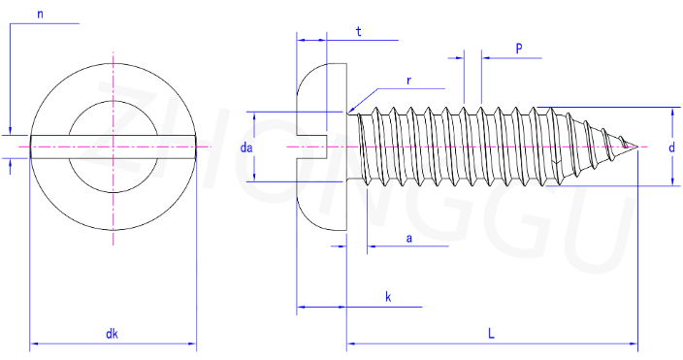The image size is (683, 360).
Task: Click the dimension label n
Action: coord(40,15)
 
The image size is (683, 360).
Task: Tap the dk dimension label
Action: coord(112,334)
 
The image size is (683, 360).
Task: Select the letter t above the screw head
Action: coord(359,32)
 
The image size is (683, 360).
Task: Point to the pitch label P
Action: coord(519,49)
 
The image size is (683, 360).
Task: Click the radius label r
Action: coord(408,82)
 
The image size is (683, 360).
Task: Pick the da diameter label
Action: coord(246,147)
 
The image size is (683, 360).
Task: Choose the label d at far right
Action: coord(671,147)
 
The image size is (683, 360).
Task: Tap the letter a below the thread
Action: coord(409,239)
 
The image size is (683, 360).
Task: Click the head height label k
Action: coord(388,297)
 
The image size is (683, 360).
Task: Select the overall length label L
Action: coord(491,334)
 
